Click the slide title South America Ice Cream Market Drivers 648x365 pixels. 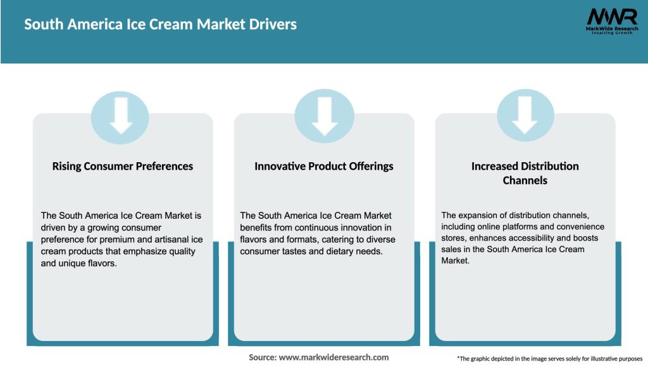160,25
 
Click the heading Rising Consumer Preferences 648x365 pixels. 122,166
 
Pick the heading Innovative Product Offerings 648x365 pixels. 324,166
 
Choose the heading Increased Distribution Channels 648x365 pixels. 525,173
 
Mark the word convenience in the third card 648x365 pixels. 582,227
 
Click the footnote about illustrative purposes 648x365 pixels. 549,359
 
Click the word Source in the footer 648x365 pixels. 262,357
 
